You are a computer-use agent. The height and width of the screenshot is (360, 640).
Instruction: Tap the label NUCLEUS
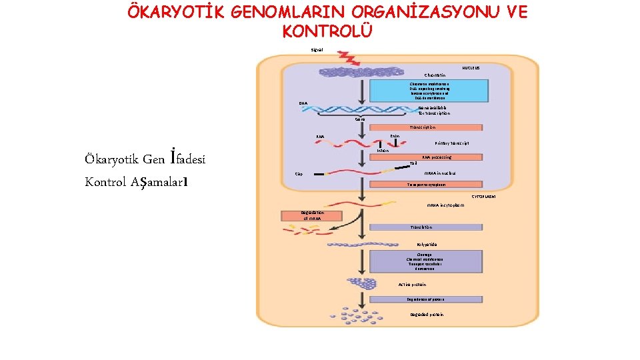(x=472, y=68)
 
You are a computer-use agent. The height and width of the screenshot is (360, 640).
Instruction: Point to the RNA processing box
(x=436, y=157)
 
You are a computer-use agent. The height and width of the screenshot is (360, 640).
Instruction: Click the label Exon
(x=395, y=135)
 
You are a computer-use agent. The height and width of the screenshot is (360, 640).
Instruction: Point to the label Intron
(x=383, y=151)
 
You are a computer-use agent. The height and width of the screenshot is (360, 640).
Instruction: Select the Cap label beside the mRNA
(x=299, y=175)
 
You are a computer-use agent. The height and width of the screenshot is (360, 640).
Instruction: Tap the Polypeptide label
(x=427, y=244)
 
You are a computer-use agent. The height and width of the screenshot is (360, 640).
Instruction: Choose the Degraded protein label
(x=427, y=315)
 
